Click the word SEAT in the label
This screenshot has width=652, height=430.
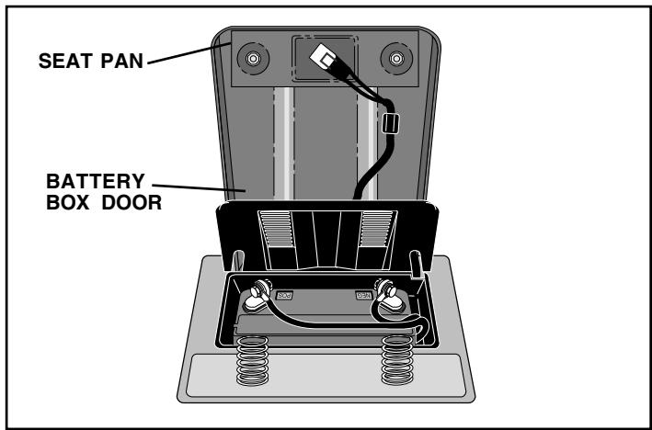click(x=65, y=61)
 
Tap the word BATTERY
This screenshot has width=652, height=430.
click(x=96, y=181)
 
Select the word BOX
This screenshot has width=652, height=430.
click(x=69, y=203)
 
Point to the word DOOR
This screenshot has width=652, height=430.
click(x=132, y=203)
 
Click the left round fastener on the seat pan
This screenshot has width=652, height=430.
click(x=253, y=59)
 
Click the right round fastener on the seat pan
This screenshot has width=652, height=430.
click(x=396, y=59)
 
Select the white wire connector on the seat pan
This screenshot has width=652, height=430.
click(x=324, y=57)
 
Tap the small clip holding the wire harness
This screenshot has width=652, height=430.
click(x=390, y=123)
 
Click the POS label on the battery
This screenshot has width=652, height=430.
click(x=285, y=295)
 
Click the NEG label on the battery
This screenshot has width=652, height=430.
click(x=363, y=295)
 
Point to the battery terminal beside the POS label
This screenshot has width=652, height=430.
click(x=257, y=295)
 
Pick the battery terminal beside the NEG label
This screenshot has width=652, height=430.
click(x=389, y=295)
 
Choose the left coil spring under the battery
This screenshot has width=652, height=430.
click(x=252, y=360)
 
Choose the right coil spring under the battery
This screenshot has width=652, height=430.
click(x=397, y=360)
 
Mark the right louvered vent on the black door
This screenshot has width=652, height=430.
click(x=378, y=230)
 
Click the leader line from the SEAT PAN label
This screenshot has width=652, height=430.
click(x=189, y=53)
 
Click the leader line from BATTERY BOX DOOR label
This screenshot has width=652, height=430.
click(x=199, y=187)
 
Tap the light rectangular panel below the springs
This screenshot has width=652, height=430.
click(x=326, y=375)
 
